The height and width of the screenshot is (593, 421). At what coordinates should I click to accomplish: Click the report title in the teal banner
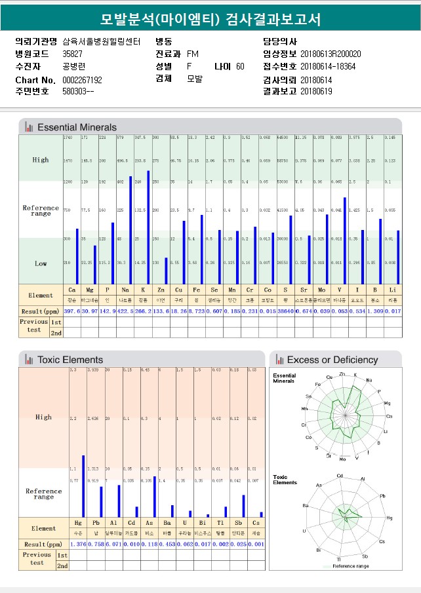[210, 20]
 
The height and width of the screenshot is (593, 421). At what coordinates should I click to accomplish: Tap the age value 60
[240, 67]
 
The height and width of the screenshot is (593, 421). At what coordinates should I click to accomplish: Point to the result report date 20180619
[316, 92]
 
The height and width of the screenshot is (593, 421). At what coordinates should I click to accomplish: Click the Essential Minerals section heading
[77, 127]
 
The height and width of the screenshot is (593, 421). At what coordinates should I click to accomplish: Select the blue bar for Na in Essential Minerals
[130, 229]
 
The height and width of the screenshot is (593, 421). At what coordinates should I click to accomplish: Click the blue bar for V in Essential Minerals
[345, 240]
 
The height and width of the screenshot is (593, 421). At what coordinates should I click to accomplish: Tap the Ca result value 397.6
[71, 311]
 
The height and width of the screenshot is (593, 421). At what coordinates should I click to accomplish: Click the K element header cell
[143, 289]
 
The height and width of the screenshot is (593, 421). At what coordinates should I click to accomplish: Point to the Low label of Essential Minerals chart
[41, 263]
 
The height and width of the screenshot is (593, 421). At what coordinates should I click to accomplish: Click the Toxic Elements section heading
[70, 360]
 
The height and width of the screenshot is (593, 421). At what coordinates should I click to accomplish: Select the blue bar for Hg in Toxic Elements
[83, 486]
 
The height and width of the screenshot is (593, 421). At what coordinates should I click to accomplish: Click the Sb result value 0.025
[237, 545]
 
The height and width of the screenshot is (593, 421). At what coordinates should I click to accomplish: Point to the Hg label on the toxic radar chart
[389, 518]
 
